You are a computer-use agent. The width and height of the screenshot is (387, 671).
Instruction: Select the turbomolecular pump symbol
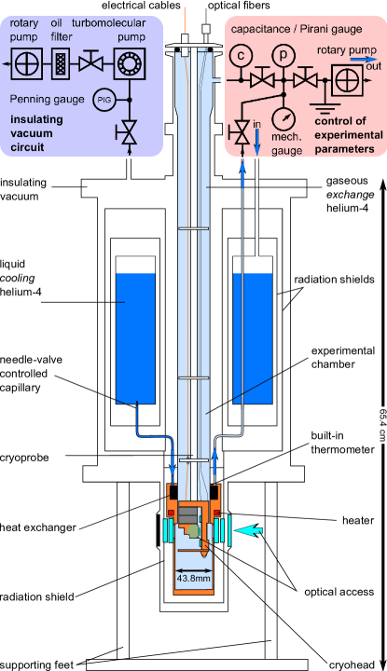pyautogui.click(x=127, y=63)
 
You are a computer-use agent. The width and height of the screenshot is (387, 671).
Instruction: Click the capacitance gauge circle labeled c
pyautogui.click(x=241, y=54)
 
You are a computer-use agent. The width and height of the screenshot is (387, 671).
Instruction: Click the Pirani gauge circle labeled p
pyautogui.click(x=281, y=54)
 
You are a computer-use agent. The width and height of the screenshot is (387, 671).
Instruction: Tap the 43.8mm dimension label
pyautogui.click(x=193, y=578)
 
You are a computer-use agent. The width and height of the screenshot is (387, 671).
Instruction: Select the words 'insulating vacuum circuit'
pyautogui.click(x=36, y=132)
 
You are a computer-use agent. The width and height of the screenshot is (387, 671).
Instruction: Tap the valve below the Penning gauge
pyautogui.click(x=127, y=134)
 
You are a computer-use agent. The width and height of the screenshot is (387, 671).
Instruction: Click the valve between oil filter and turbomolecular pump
pyautogui.click(x=91, y=63)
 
